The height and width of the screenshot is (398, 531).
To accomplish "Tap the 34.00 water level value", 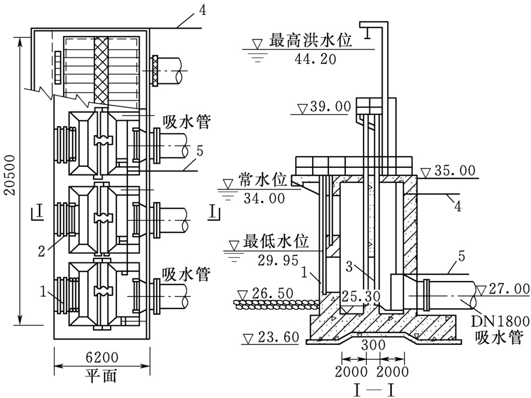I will click(x=261, y=199).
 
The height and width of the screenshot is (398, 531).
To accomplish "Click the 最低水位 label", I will click(x=276, y=242).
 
